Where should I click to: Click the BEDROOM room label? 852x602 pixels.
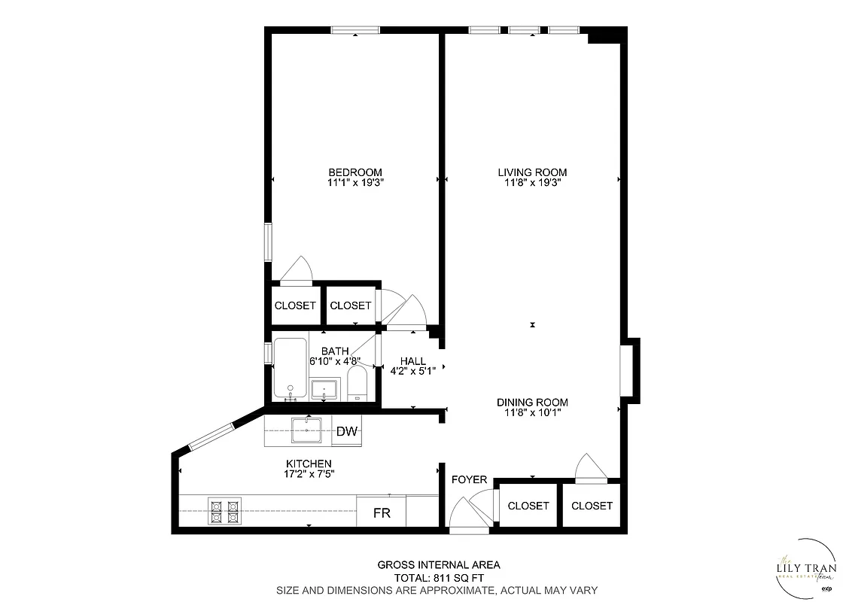click(354, 172)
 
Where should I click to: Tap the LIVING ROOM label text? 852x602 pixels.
click(532, 172)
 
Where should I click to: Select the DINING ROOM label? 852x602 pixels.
click(532, 402)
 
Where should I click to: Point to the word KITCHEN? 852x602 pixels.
click(309, 464)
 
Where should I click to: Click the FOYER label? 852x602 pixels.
click(469, 479)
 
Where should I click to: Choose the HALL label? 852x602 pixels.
click(413, 360)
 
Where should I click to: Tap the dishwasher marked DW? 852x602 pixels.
click(346, 431)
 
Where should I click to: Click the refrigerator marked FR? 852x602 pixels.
click(382, 513)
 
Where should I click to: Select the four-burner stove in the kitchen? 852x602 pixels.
click(224, 511)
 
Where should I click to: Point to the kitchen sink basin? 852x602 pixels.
click(306, 431)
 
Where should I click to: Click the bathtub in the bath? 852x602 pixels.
click(290, 369)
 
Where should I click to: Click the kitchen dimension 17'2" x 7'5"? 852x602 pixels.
click(309, 474)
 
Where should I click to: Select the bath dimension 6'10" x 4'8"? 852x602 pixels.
click(335, 361)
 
